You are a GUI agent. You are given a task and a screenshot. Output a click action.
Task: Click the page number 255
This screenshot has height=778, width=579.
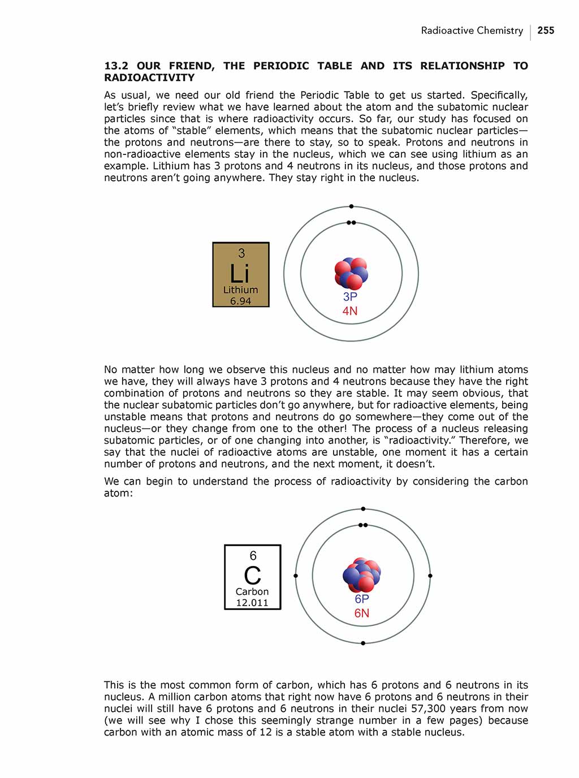tap(546, 31)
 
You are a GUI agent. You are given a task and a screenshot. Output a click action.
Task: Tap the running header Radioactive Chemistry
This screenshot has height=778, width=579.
tap(472, 31)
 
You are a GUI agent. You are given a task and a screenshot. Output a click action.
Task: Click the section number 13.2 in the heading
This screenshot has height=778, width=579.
tap(116, 66)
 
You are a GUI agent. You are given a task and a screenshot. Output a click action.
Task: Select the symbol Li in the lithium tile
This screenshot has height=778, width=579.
tap(240, 274)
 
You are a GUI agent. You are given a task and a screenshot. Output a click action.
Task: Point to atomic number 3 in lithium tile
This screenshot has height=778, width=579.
tap(241, 253)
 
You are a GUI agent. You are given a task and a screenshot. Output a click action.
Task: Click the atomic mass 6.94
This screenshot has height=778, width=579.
tap(240, 301)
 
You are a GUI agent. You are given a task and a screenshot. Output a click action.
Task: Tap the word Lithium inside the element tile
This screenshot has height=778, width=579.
tap(240, 289)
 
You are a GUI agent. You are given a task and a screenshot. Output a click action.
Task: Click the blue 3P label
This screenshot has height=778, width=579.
tap(350, 297)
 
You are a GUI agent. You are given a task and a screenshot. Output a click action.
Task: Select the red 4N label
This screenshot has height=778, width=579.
tap(350, 311)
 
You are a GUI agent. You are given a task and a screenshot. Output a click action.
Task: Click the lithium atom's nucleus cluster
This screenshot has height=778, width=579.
tap(351, 274)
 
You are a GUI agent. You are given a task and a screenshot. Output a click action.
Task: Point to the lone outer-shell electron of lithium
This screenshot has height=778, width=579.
tap(351, 206)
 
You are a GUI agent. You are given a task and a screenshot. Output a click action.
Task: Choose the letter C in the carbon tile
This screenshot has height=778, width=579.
tap(252, 576)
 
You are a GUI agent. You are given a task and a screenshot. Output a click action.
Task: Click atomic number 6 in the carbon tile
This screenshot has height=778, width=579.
tap(253, 556)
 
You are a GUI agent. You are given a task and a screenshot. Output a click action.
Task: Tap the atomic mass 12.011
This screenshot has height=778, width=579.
tap(252, 603)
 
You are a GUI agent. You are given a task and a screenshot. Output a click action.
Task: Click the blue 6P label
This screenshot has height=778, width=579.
tap(362, 599)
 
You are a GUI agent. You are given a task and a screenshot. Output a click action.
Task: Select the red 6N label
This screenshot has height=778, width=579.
tap(362, 613)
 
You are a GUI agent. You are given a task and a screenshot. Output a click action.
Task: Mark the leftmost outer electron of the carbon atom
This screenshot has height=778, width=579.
tap(296, 576)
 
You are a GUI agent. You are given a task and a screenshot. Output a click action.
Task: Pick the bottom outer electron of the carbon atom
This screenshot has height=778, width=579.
tap(363, 643)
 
